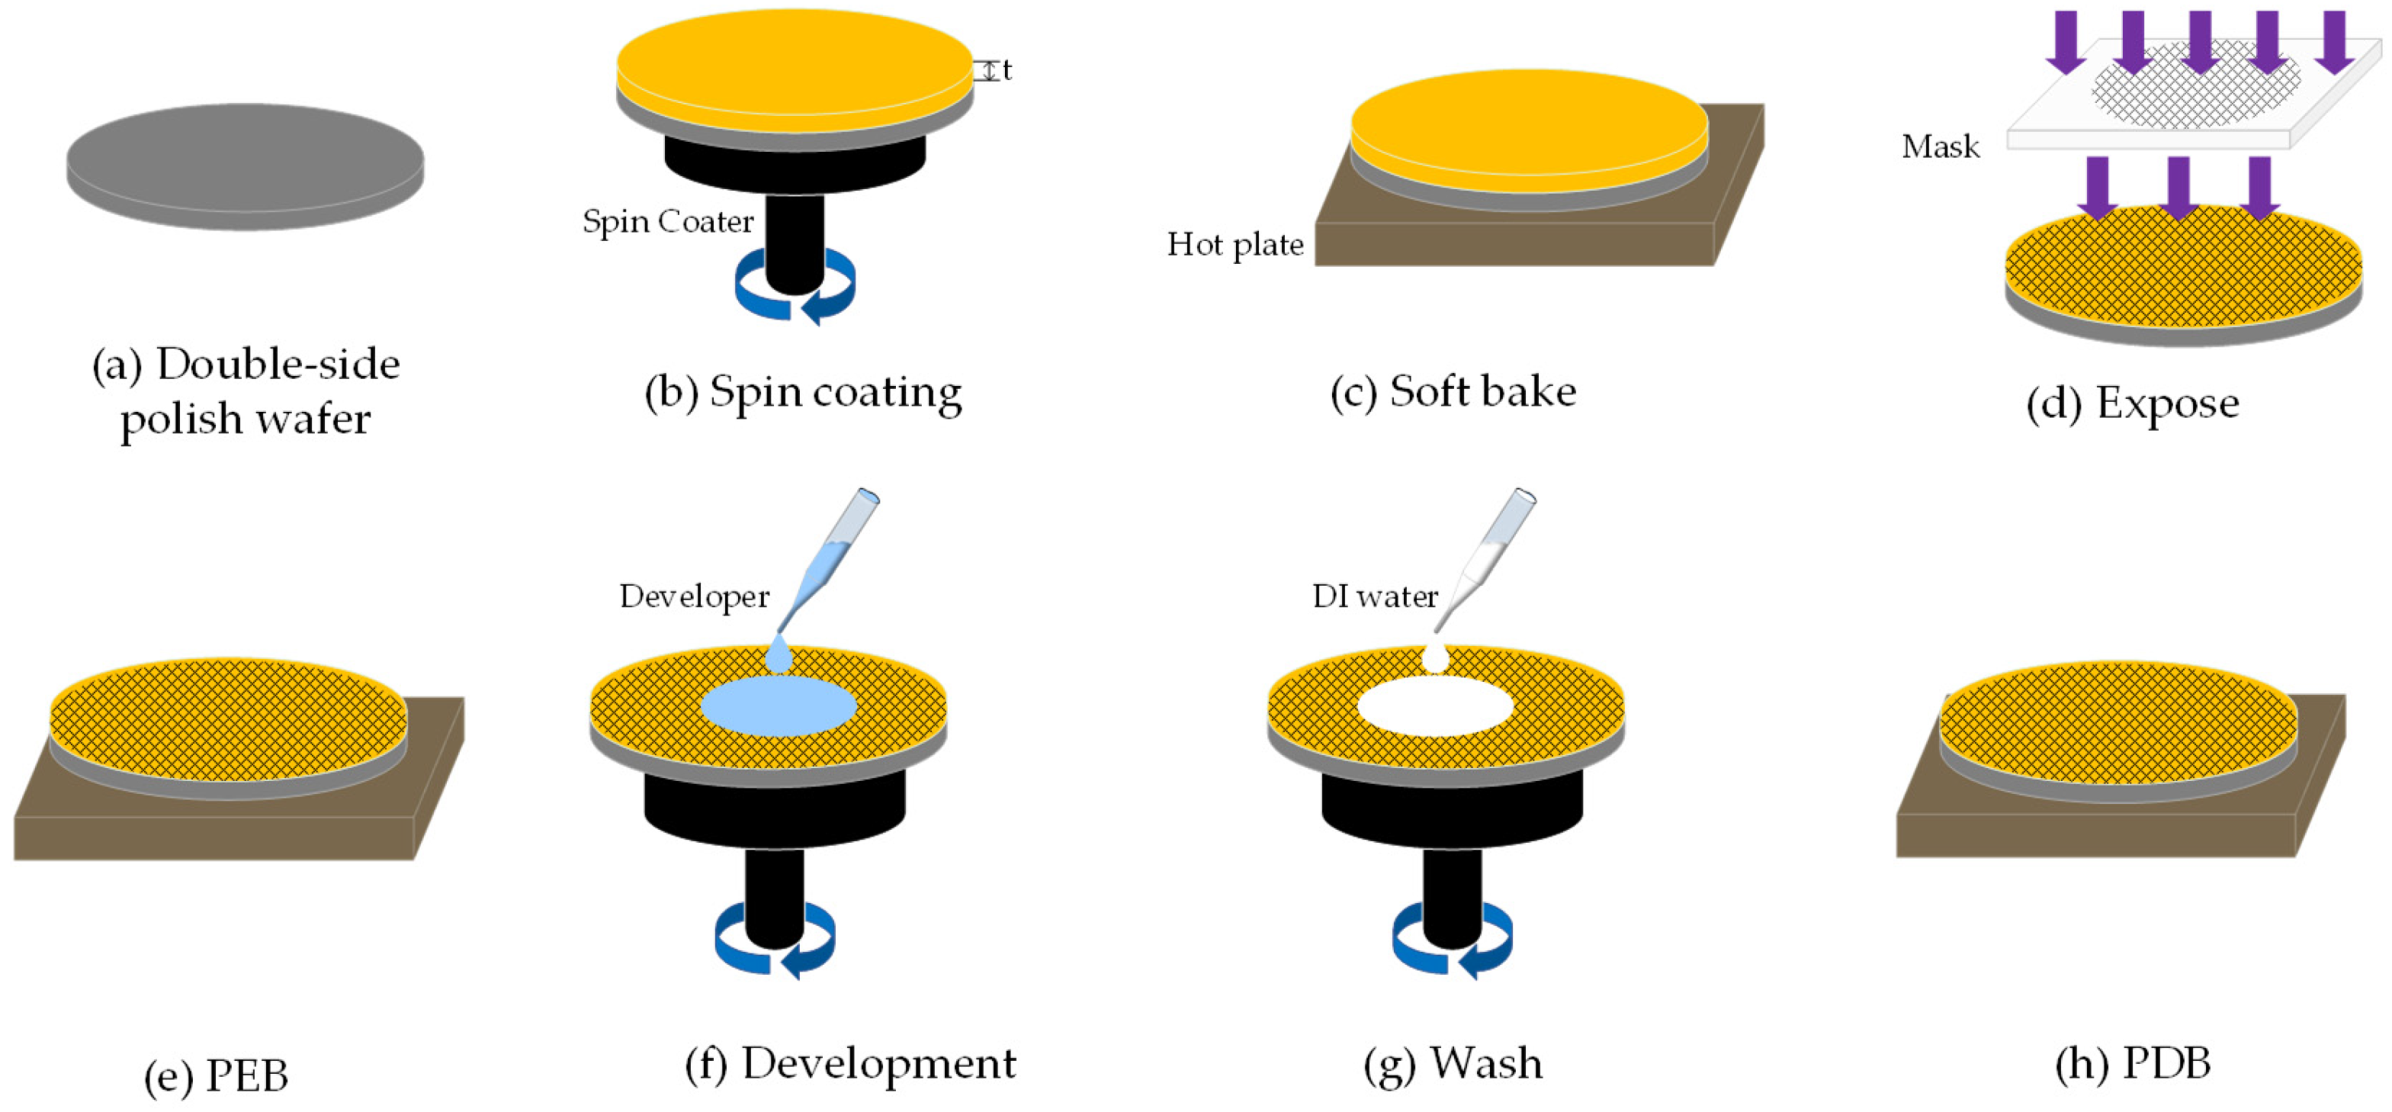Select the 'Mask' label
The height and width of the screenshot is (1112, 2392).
[1940, 146]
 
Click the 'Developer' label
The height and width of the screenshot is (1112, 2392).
[694, 596]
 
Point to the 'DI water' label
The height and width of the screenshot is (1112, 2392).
[1374, 596]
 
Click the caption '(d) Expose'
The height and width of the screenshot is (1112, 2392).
[2132, 404]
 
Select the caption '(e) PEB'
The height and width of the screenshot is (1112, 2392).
[216, 1075]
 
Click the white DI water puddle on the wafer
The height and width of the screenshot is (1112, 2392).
[1434, 706]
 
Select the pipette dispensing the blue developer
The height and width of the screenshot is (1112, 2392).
[831, 558]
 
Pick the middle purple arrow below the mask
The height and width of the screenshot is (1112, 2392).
[2178, 186]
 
